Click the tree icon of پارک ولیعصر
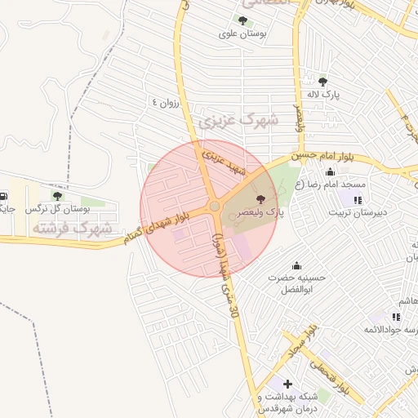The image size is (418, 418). [x=261, y=199]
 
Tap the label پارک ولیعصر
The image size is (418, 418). [x=262, y=212]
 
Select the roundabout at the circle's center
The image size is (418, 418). [x=214, y=207]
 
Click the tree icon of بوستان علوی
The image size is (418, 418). [x=242, y=20]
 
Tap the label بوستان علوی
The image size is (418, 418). [x=243, y=34]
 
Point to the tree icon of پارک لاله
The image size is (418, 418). [x=323, y=82]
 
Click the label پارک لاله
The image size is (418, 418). [x=323, y=95]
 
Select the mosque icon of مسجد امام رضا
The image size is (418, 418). [x=330, y=172]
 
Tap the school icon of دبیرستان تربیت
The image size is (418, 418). [x=357, y=200]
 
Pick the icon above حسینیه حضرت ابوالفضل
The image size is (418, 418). [x=296, y=265]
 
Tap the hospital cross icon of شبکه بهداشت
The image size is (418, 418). [x=287, y=383]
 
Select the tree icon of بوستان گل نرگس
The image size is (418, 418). [x=57, y=196]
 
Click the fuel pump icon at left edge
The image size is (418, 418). [x=6, y=196]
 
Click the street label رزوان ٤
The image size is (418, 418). [x=165, y=103]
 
